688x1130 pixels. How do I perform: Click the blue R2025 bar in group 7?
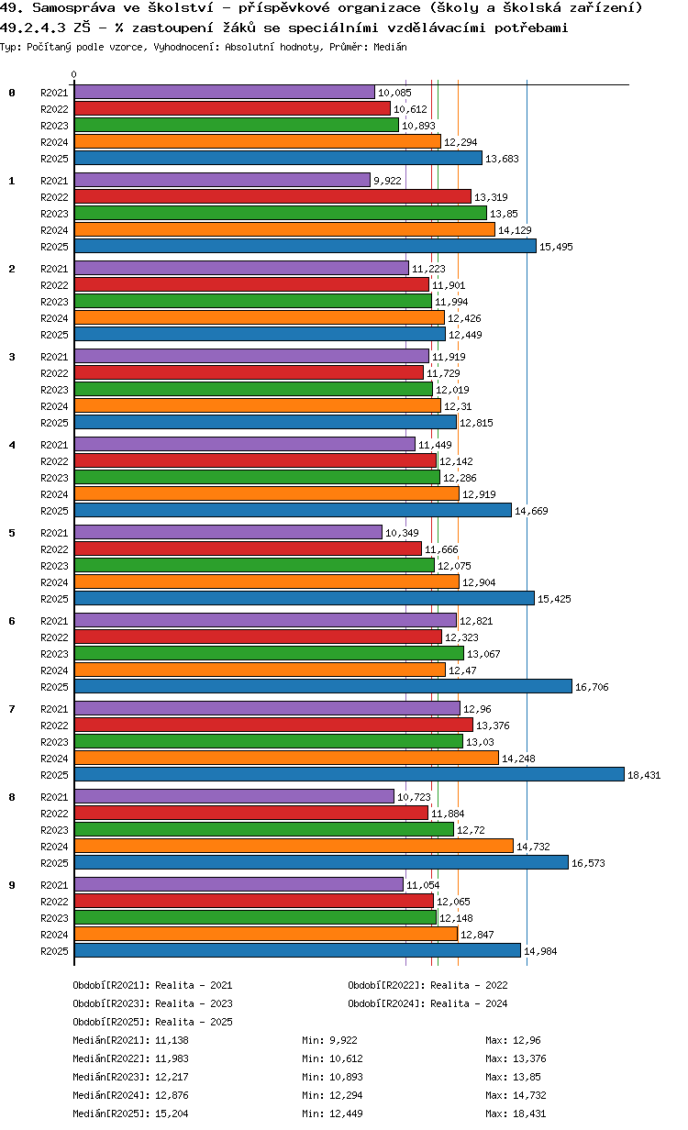pyautogui.click(x=349, y=774)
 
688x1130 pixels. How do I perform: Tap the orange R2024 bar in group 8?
pyautogui.click(x=294, y=846)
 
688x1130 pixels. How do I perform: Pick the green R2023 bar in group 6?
pyautogui.click(x=269, y=653)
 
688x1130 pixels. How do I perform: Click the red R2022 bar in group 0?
pyautogui.click(x=232, y=108)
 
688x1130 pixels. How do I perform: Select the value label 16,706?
pyautogui.click(x=592, y=687)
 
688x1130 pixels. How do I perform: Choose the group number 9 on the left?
pyautogui.click(x=12, y=885)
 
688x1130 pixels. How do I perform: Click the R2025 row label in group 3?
pyautogui.click(x=54, y=423)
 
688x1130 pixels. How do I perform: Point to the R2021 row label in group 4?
pyautogui.click(x=54, y=445)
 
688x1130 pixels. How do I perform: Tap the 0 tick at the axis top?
pyautogui.click(x=74, y=75)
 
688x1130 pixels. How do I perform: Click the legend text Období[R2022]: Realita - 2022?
pyautogui.click(x=427, y=985)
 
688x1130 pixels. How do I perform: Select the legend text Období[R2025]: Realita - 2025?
pyautogui.click(x=152, y=1022)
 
